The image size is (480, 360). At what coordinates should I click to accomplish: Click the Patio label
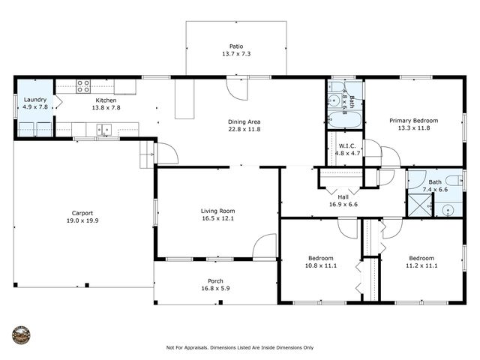pos(235,46)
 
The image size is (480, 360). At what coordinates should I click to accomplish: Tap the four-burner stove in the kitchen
pos(82,85)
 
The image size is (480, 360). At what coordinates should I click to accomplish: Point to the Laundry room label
pos(34,100)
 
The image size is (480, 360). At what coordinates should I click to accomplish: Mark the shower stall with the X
pos(419,205)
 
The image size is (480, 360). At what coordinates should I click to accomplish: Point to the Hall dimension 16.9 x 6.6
pos(343,203)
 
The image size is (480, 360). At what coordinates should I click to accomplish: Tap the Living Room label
pos(217,211)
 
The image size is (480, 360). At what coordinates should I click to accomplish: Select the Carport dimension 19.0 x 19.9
pos(82,220)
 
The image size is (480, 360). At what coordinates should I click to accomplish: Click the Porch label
pos(211,281)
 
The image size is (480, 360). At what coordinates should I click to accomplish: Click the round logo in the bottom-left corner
pos(22,334)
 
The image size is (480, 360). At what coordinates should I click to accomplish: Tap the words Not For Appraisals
pos(188,348)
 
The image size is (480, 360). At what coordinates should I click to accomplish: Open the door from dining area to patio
pos(237,88)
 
